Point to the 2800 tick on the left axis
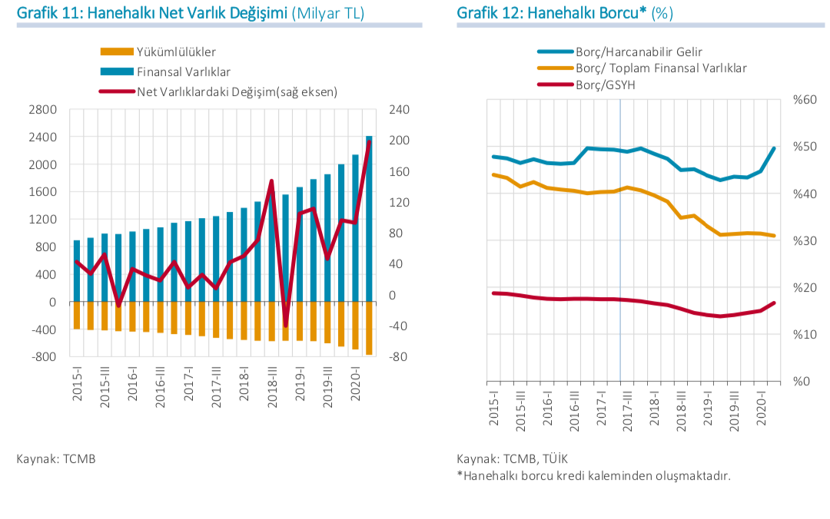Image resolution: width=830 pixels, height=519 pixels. point(43,110)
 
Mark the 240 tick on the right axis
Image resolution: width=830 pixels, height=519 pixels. point(400,110)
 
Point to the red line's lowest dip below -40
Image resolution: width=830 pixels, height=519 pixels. point(286,326)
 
